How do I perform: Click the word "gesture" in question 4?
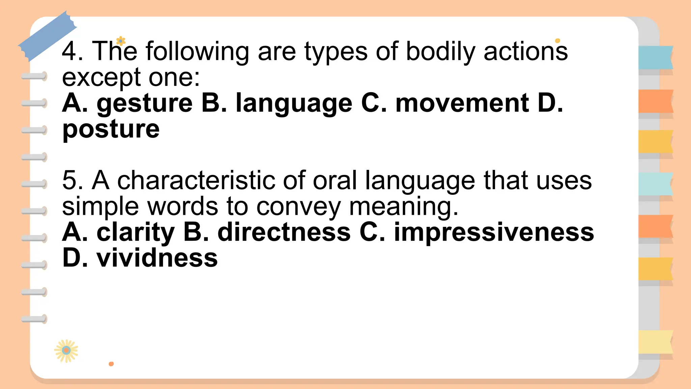pos(144,104)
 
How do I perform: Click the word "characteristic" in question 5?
pos(196,181)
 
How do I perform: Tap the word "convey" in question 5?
pos(298,206)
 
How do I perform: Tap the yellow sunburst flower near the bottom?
pos(66,351)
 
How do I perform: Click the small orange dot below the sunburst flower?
pos(111,364)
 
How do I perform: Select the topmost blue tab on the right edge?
pos(655,57)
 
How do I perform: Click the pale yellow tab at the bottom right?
pos(655,342)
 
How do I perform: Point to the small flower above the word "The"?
pos(120,41)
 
